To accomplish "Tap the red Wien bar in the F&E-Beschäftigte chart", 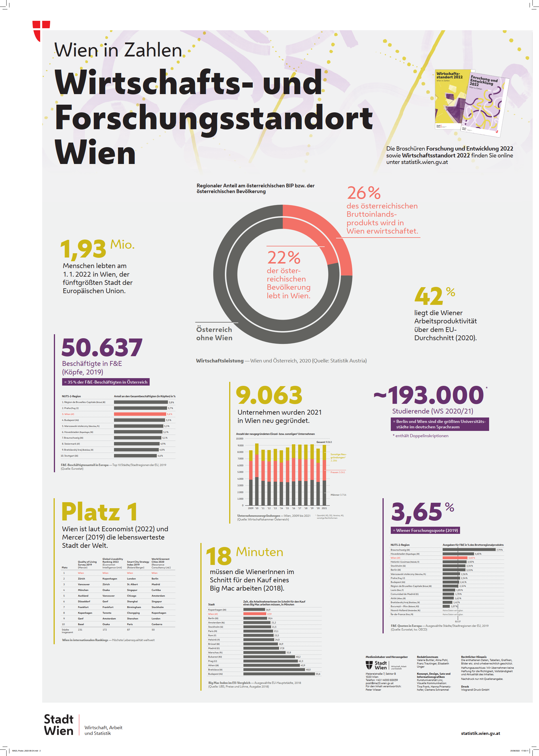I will tap(140, 414).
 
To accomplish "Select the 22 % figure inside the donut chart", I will tap(284, 258).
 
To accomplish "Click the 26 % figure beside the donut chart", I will tap(364, 193).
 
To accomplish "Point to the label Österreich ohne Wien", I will tap(214, 333).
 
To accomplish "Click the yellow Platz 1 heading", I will tap(99, 512).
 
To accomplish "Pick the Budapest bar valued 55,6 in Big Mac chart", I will tap(279, 674).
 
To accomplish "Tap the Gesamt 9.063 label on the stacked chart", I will tap(324, 442).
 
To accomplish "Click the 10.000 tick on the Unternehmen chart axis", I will tap(239, 439).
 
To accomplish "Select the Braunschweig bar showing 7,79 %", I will tap(469, 550).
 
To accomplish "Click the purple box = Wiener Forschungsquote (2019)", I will tap(425, 530).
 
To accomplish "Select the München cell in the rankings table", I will tap(83, 590).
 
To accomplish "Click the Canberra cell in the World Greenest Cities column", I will tap(157, 624).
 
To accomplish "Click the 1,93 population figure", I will tap(83, 249).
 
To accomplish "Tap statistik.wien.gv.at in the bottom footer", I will tap(480, 733).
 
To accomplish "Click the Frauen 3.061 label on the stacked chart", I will tap(337, 472).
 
